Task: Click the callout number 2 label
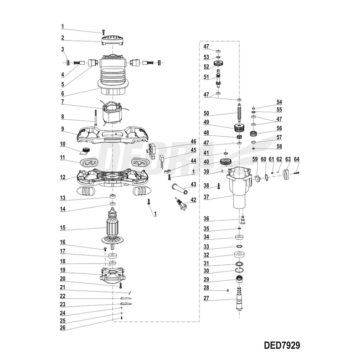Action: (63, 38)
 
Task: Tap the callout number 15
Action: (63, 228)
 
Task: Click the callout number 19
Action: (63, 271)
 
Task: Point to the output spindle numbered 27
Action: (240, 300)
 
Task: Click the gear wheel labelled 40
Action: (226, 162)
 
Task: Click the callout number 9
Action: (63, 129)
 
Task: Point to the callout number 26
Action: (63, 327)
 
